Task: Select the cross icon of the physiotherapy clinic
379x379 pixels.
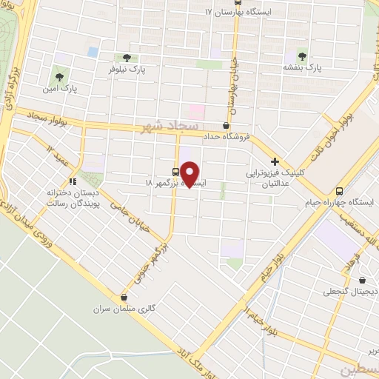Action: (x=275, y=161)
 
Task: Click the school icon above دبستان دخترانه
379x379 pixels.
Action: (x=73, y=180)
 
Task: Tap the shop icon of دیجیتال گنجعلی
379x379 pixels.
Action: (x=362, y=280)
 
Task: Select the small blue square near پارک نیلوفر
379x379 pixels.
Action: (x=93, y=52)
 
